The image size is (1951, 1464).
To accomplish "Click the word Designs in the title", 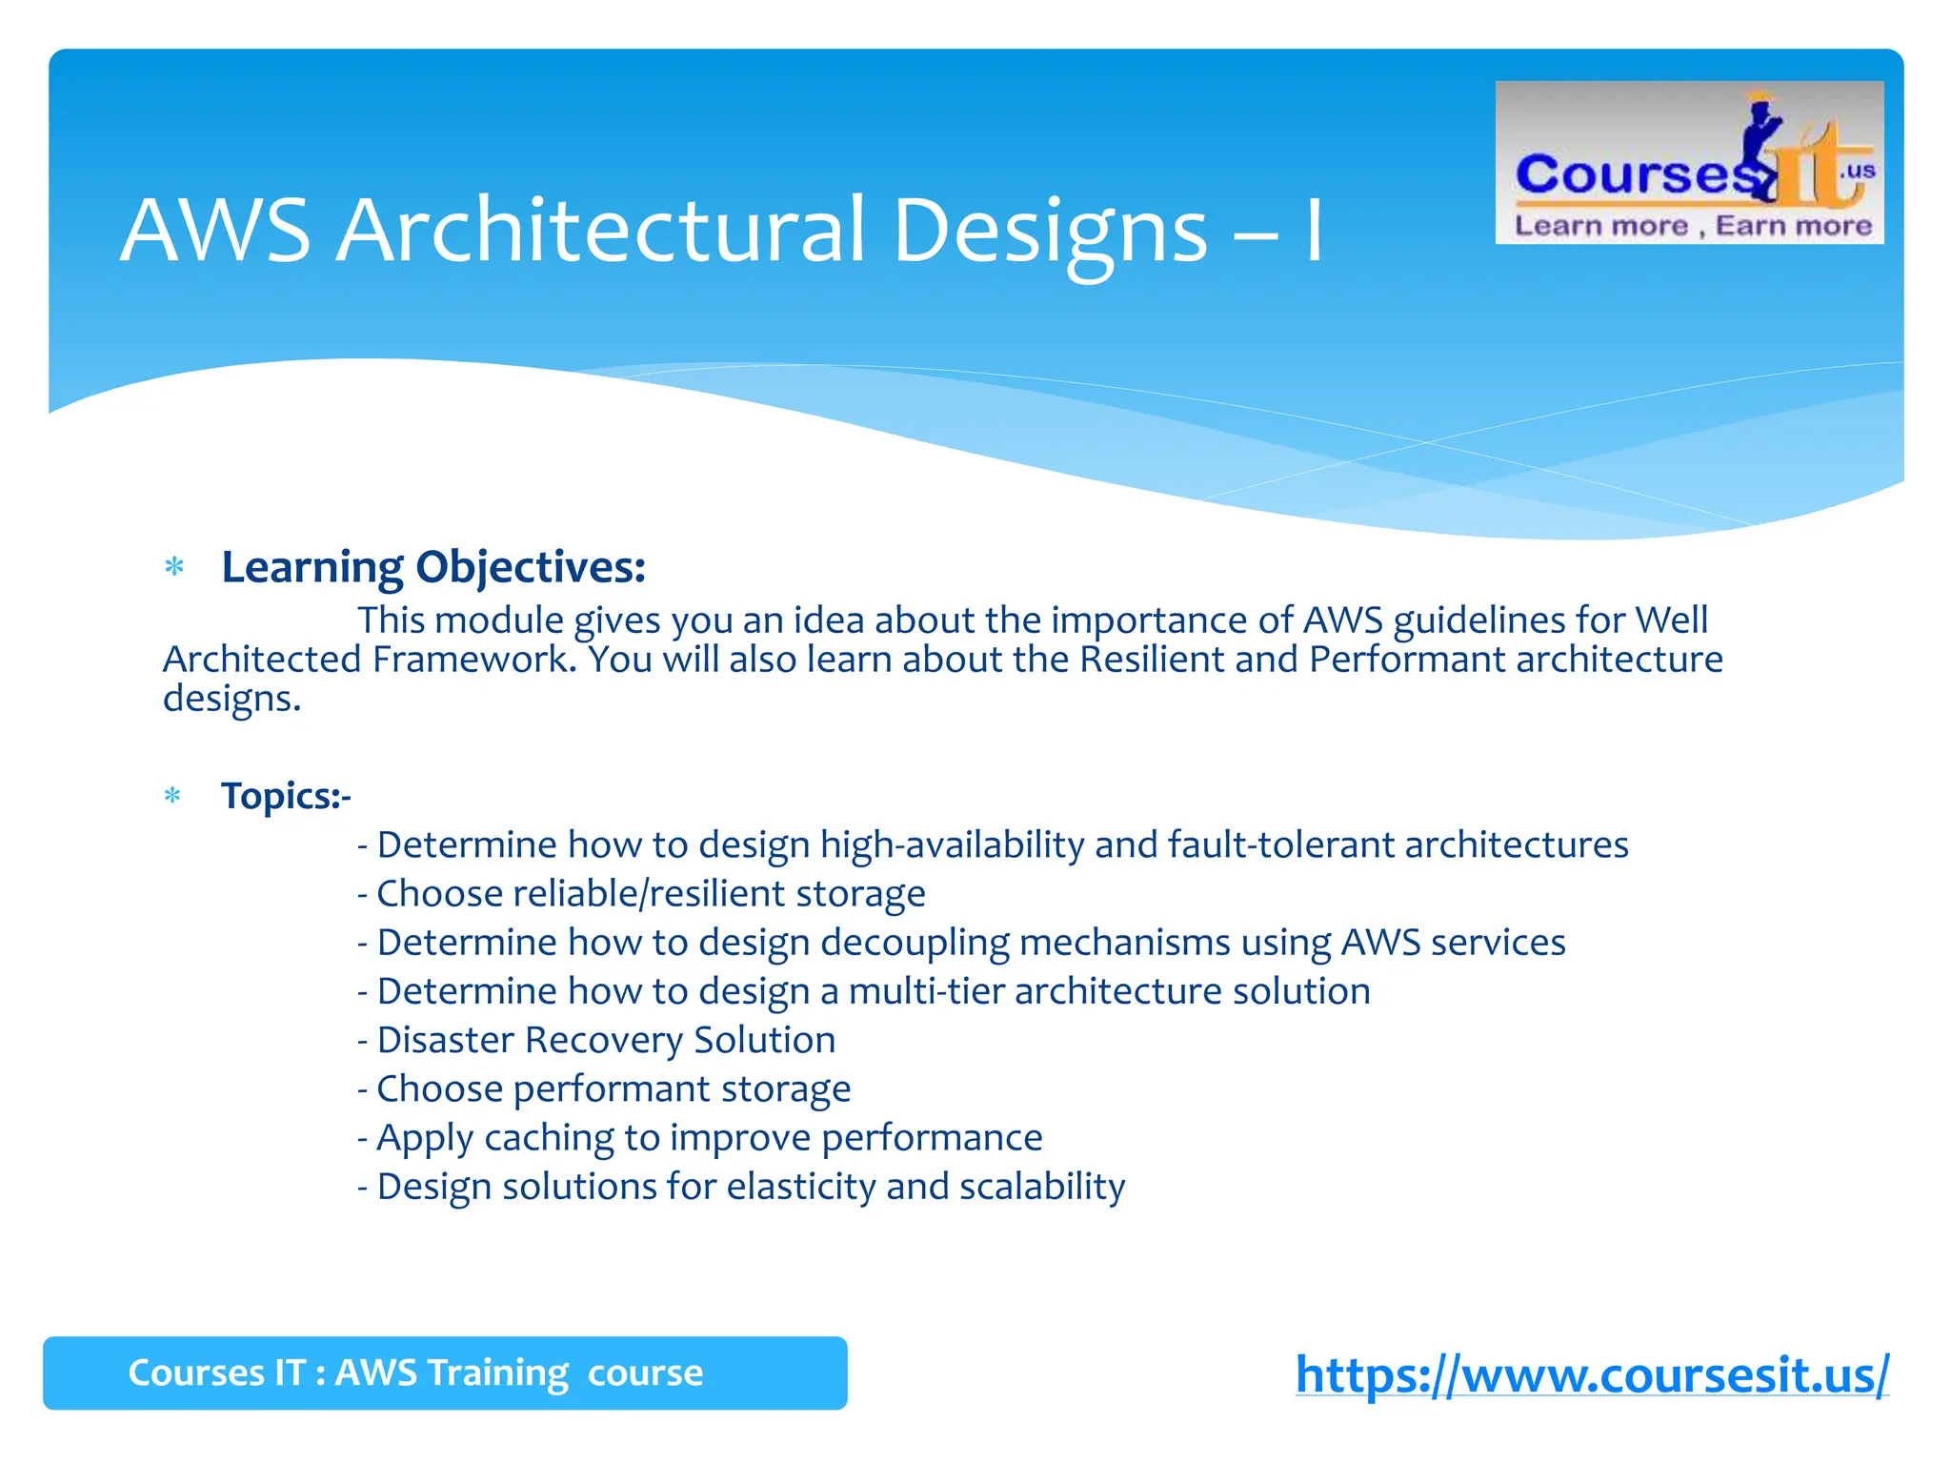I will click(x=1051, y=231).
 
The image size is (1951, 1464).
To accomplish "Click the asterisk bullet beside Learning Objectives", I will click(x=174, y=568).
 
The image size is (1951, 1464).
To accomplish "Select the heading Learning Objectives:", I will click(x=433, y=567).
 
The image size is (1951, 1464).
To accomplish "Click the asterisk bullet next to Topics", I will click(x=172, y=796).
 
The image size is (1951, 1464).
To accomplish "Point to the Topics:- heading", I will click(x=286, y=796).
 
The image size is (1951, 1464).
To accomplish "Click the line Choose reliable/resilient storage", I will click(x=641, y=894).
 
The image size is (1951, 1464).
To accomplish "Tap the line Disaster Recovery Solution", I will click(x=597, y=1040).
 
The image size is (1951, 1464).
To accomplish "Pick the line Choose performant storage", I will click(x=604, y=1088).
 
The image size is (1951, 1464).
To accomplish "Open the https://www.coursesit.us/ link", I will click(x=1592, y=1374).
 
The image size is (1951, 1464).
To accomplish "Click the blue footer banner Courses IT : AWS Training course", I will click(x=445, y=1373).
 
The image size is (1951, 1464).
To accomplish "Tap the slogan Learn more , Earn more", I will click(x=1693, y=226).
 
